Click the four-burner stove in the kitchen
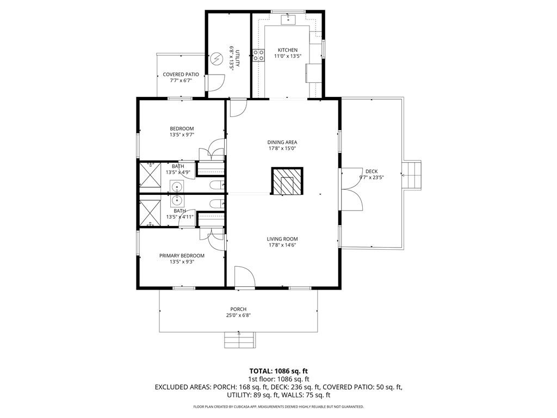coord(258,54)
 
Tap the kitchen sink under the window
coord(287,21)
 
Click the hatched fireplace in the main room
coord(287,181)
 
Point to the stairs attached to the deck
coord(412,175)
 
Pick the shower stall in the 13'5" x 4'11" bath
coord(149,213)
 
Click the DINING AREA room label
coord(282,142)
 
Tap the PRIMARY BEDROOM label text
coord(182,255)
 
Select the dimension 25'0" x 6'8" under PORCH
coord(238,315)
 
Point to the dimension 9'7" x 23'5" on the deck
coord(372,177)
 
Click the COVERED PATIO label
coord(181,74)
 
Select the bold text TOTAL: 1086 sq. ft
coord(278,371)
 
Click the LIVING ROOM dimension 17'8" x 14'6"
coord(282,245)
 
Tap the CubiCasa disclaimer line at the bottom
coord(278,407)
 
